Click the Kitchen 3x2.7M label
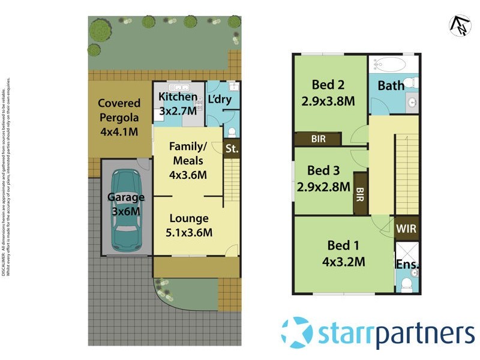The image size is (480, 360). coord(177,104)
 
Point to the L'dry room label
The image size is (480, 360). coord(219,99)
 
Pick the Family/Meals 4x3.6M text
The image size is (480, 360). coord(188,161)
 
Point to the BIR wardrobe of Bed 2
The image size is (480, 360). coord(318,139)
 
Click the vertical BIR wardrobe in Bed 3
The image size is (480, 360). coord(361,193)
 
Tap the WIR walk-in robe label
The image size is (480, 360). coord(406,229)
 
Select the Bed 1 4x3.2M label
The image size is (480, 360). coord(343,253)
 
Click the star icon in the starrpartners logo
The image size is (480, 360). coord(298,332)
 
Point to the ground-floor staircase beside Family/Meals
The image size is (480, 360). coord(232,180)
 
